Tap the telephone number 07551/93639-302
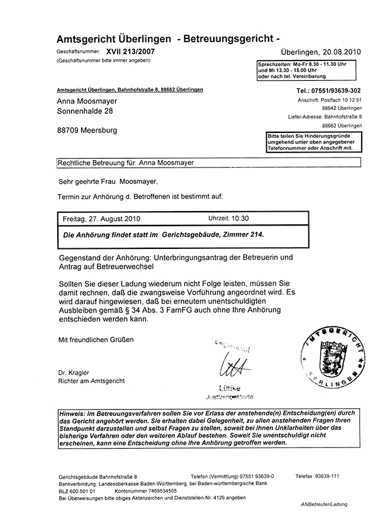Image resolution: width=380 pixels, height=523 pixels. pyautogui.click(x=337, y=91)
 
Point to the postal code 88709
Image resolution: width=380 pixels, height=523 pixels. pyautogui.click(x=68, y=130)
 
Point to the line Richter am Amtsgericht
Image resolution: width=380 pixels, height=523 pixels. pyautogui.click(x=92, y=381)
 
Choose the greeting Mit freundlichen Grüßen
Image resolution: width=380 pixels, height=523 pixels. pyautogui.click(x=96, y=340)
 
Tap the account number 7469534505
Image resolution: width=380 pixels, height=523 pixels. pyautogui.click(x=153, y=489)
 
